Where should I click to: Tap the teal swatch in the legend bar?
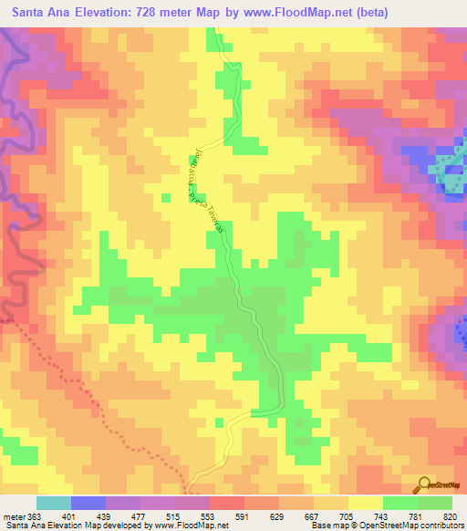click(x=54, y=503)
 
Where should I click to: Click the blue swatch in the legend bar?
click(x=88, y=503)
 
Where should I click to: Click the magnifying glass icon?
click(x=425, y=484)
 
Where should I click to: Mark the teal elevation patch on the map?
click(x=450, y=173)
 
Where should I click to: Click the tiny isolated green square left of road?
click(x=165, y=196)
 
